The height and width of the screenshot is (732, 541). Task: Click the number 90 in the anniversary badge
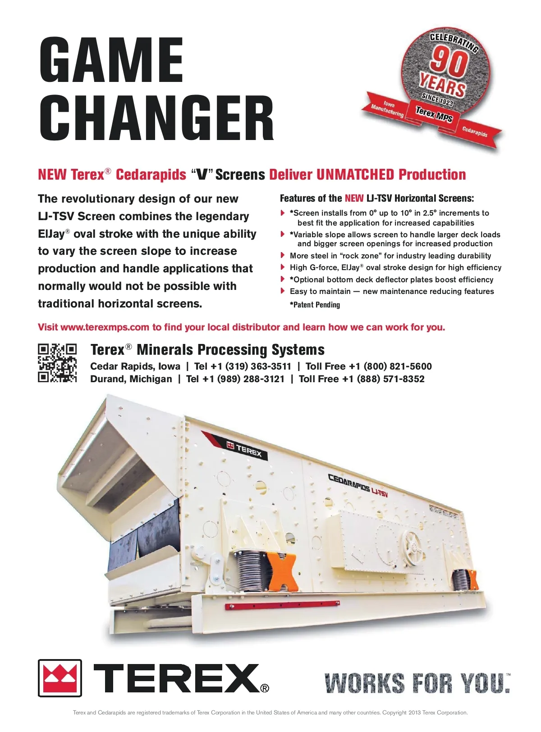448,62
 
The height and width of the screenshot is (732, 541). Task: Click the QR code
57,363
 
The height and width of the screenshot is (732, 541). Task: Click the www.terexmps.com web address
105,327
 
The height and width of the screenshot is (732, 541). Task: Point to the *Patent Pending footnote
315,305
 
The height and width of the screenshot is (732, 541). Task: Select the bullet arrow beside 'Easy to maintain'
283,291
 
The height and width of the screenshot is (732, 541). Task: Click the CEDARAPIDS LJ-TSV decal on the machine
358,486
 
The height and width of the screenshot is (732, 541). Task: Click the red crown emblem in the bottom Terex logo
60,678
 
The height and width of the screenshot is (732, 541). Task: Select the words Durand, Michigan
131,379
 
